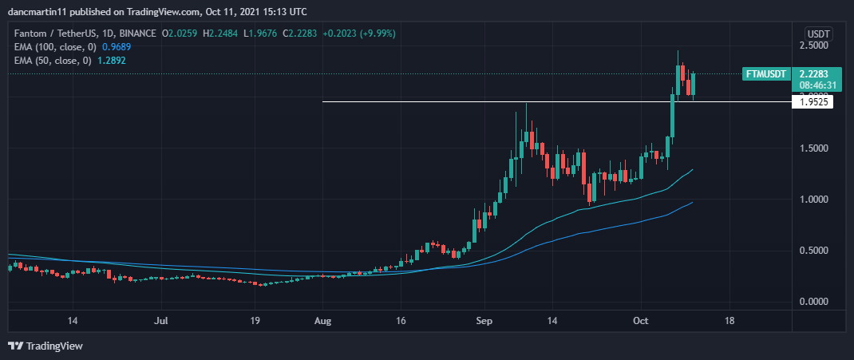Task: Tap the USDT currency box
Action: tap(819, 34)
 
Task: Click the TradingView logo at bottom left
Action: tap(45, 346)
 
